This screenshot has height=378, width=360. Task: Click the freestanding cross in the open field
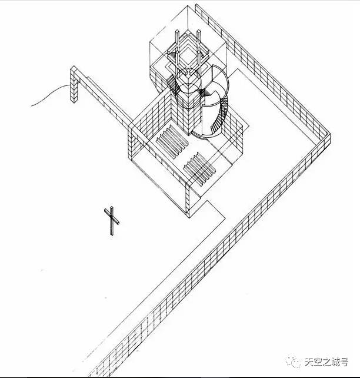point(111,221)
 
